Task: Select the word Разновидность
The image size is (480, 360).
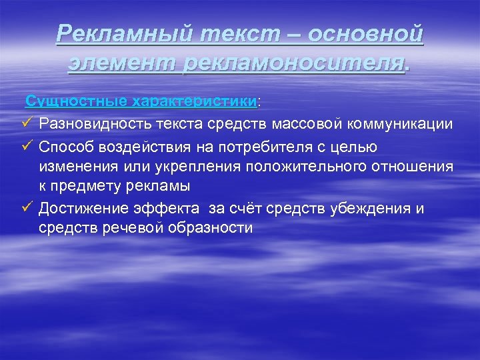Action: tap(95, 124)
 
